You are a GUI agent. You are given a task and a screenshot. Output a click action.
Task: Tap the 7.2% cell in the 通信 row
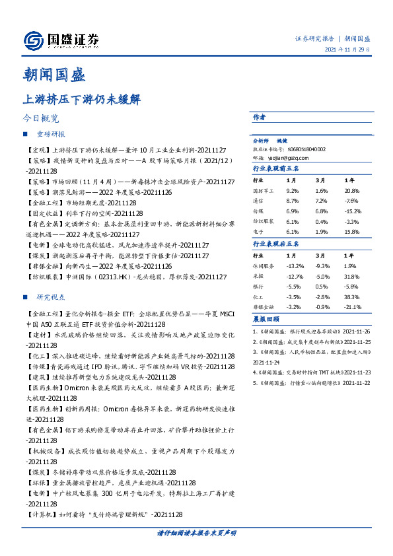(322, 200)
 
